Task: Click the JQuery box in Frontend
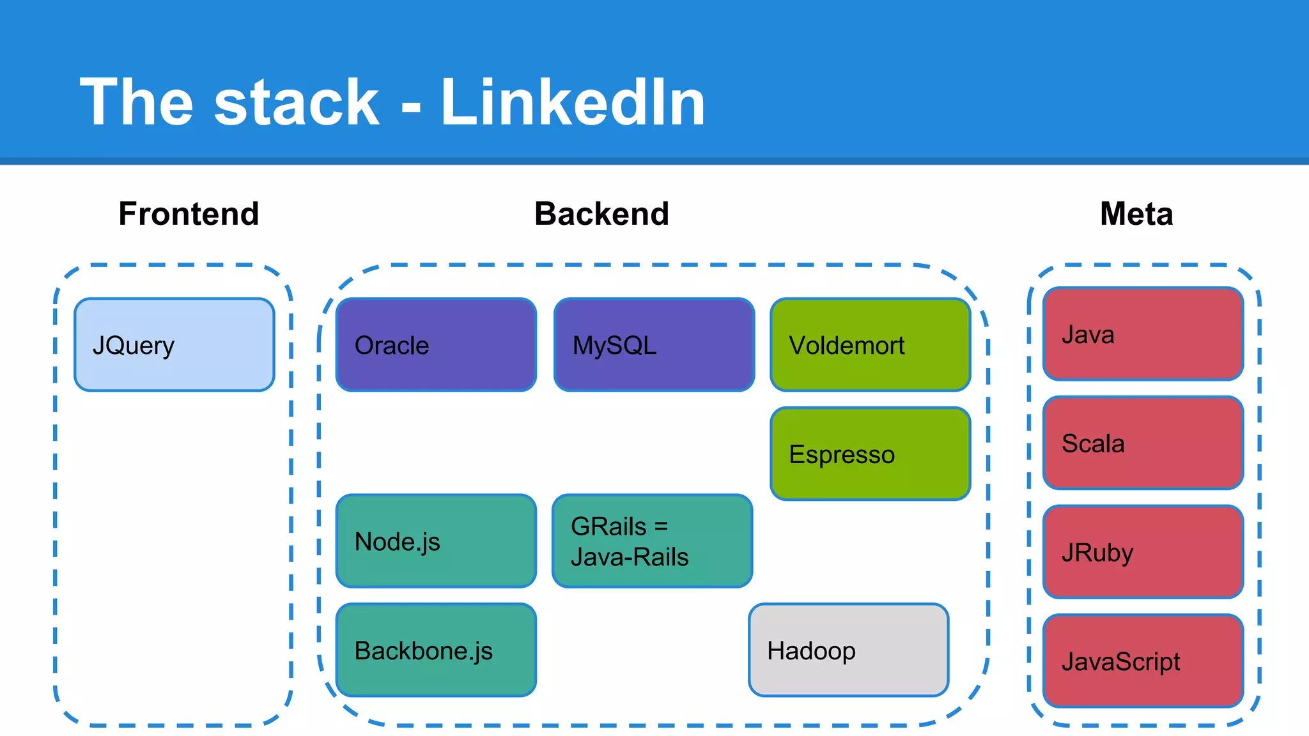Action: (174, 345)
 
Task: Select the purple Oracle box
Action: (436, 345)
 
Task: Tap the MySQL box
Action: (654, 345)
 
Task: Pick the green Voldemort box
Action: (870, 345)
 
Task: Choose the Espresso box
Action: (870, 454)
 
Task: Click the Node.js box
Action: (436, 541)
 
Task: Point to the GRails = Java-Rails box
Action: (652, 541)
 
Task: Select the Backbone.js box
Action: (436, 650)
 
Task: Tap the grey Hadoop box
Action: (848, 650)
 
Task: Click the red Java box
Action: (1143, 334)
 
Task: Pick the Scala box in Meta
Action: (1143, 443)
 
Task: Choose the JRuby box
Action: (1143, 552)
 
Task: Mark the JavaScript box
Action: (1143, 661)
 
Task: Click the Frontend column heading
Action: (189, 213)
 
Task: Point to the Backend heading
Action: (601, 213)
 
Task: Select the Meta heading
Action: (1136, 213)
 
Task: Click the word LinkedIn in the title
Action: (573, 102)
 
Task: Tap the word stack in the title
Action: (297, 102)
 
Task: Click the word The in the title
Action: (136, 102)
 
